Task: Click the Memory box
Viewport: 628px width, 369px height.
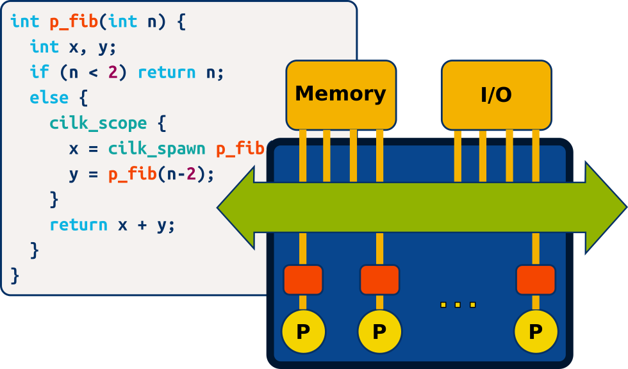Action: click(x=341, y=94)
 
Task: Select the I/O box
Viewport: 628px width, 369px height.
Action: click(x=496, y=94)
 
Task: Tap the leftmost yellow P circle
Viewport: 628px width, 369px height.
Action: click(x=304, y=332)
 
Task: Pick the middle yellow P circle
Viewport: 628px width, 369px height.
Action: click(x=379, y=332)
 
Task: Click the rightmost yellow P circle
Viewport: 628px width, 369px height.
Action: click(x=536, y=332)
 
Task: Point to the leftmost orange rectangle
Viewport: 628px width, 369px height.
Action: click(x=303, y=280)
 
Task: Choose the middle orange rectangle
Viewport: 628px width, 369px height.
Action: click(x=379, y=280)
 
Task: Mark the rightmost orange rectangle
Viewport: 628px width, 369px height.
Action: click(x=536, y=280)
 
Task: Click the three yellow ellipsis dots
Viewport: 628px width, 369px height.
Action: click(x=458, y=305)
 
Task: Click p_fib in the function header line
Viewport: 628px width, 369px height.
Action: click(x=74, y=21)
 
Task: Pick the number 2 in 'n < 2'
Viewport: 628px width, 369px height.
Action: click(x=113, y=72)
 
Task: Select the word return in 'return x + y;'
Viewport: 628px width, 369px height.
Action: click(x=79, y=225)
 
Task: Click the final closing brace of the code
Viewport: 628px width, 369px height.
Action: click(x=15, y=275)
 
